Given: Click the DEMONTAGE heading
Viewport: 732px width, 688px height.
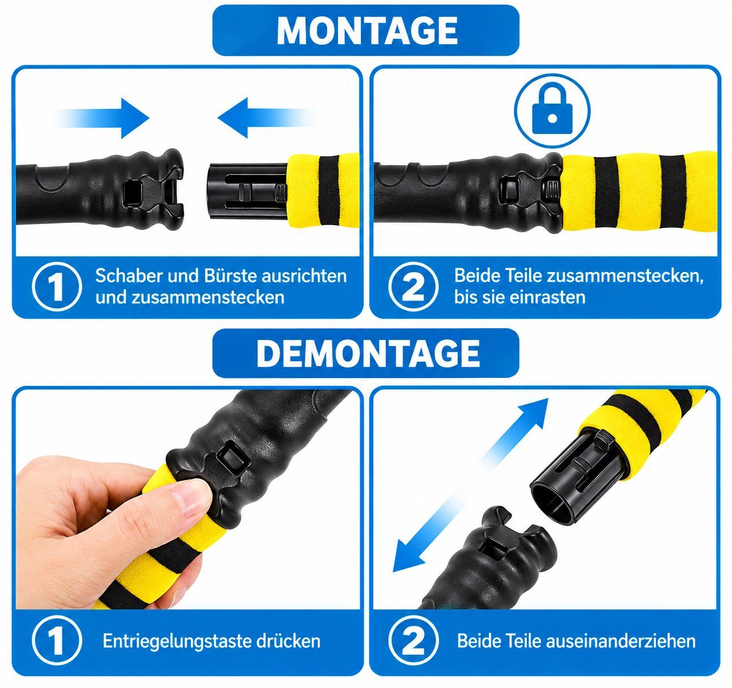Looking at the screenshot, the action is tap(368, 353).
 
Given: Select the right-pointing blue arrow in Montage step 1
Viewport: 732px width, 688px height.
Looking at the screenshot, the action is tap(101, 118).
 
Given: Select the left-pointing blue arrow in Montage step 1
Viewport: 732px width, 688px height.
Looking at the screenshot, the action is tap(266, 118).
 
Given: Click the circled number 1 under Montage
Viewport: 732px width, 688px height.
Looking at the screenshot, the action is tap(57, 287).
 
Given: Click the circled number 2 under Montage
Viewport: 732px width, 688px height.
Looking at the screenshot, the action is tap(414, 287).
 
